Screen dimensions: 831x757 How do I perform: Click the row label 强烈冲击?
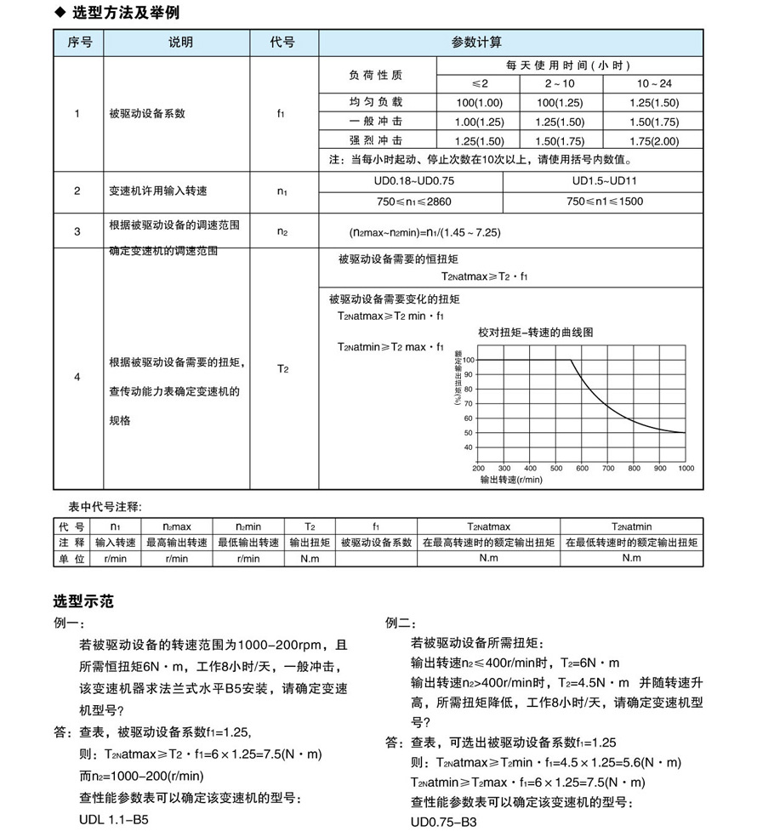(x=376, y=140)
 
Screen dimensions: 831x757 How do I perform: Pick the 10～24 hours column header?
(x=653, y=83)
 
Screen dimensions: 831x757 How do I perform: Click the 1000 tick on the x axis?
(x=686, y=469)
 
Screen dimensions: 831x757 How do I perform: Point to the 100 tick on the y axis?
(x=467, y=360)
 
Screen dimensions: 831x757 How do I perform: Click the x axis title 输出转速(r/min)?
(x=511, y=480)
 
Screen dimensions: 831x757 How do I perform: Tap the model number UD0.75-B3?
(x=443, y=821)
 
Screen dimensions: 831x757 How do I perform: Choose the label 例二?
(x=401, y=623)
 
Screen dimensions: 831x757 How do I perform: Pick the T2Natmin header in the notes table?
(x=631, y=526)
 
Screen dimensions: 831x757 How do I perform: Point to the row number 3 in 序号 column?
(x=77, y=231)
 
